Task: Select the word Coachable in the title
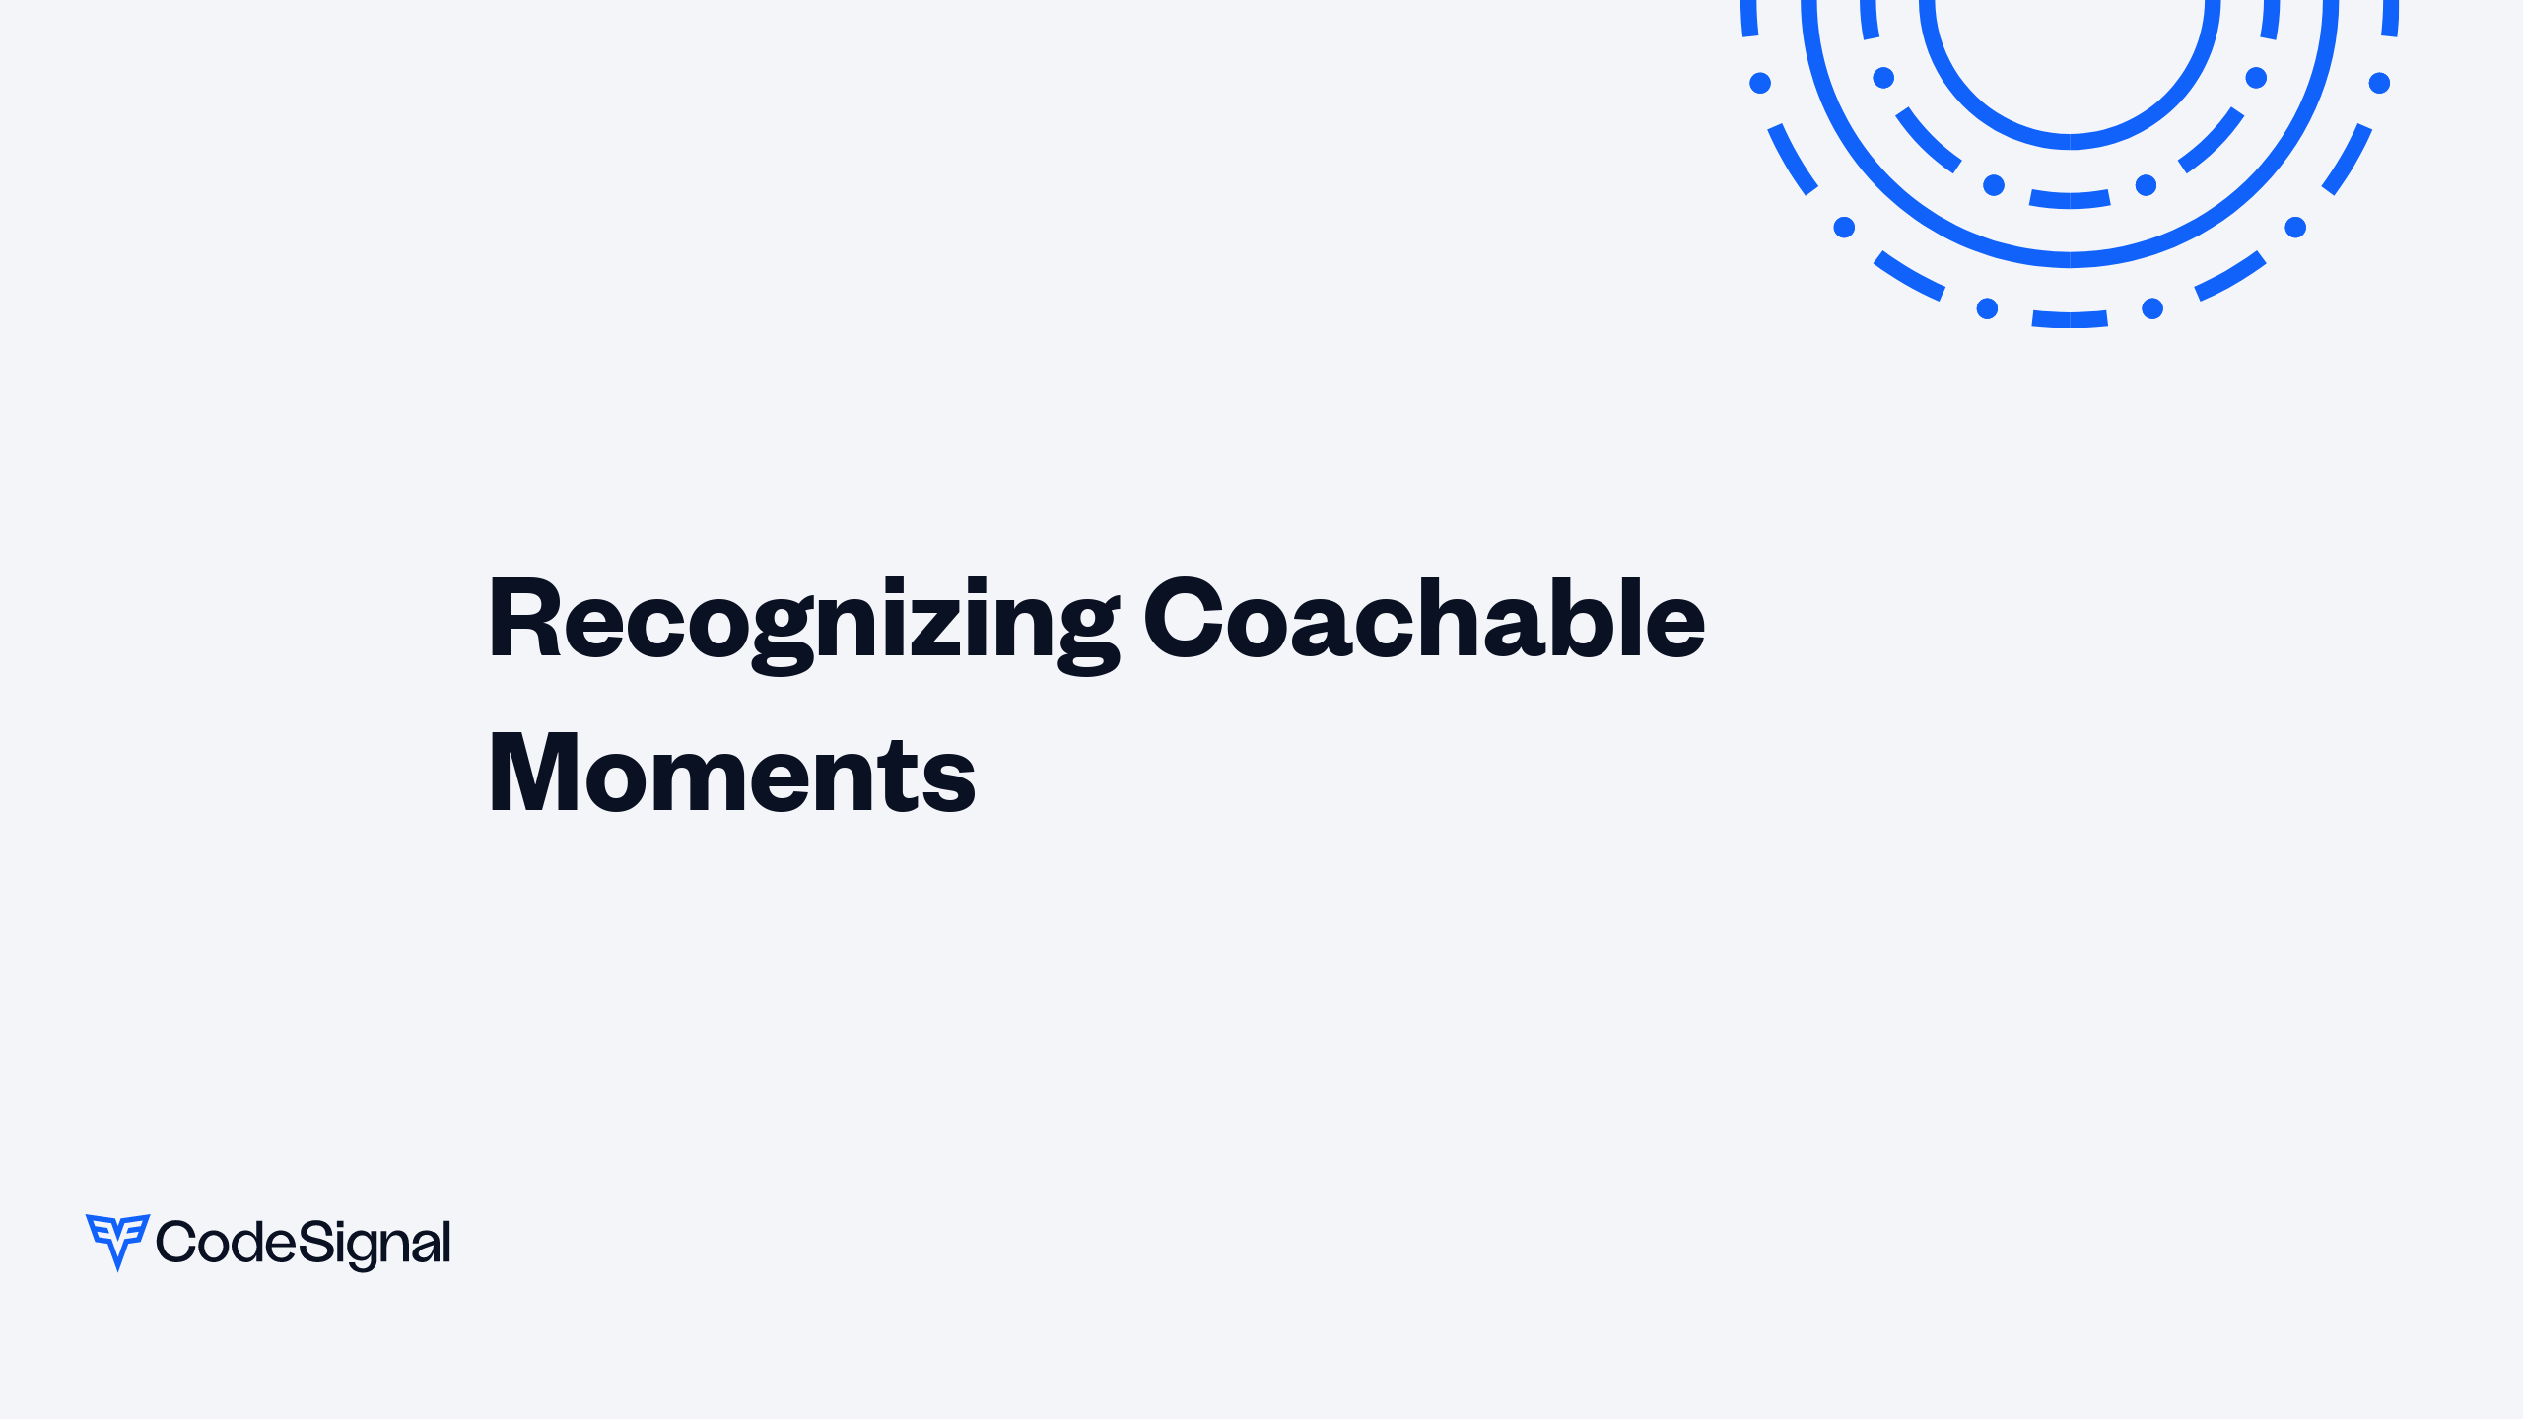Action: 1424,619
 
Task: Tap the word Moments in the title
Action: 731,775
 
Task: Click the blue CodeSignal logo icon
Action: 117,1241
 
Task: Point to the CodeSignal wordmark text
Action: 304,1243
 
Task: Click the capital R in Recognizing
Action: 524,619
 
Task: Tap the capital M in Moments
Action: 533,775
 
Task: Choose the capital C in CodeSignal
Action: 176,1242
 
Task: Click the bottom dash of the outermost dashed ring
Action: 2070,319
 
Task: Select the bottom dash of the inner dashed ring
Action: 2070,200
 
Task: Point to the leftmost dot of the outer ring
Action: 1760,83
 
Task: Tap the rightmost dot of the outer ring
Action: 2379,83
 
